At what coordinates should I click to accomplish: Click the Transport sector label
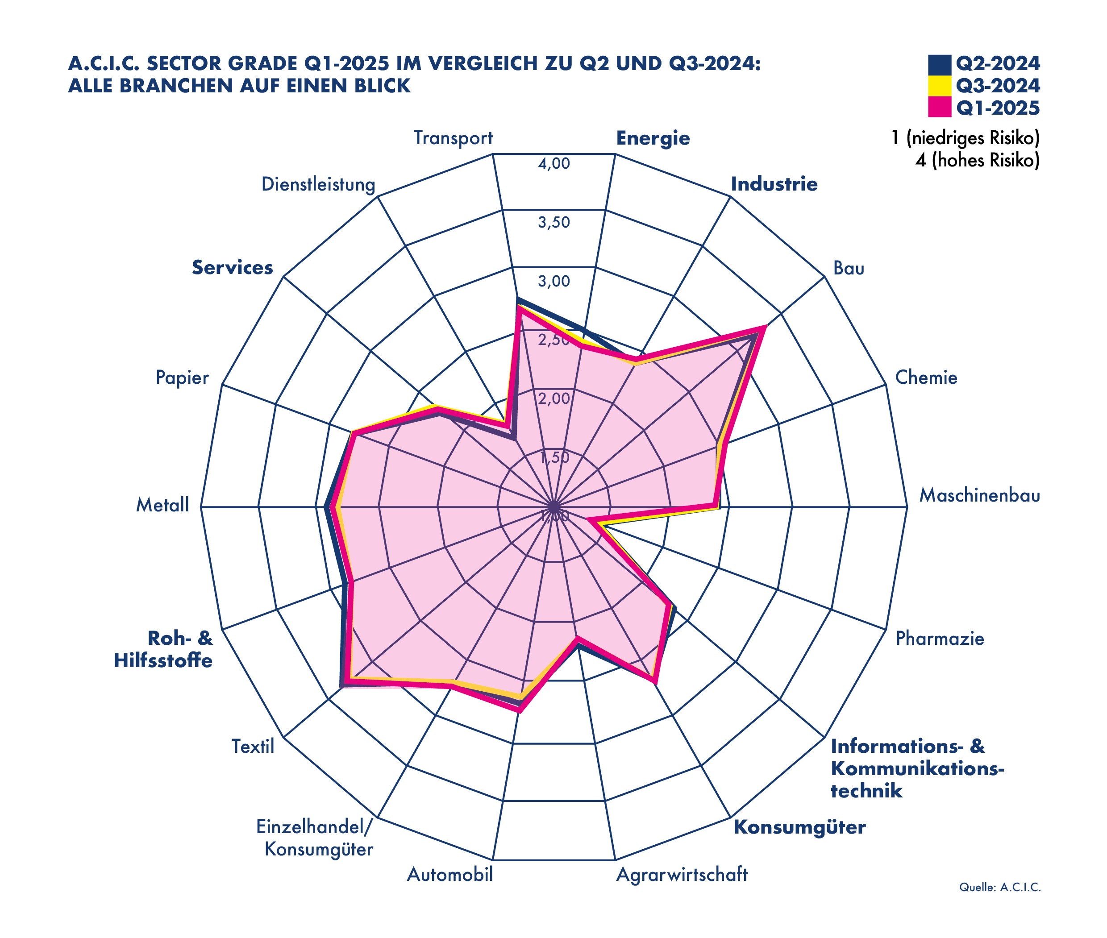[x=453, y=138]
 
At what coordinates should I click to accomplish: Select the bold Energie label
[x=653, y=138]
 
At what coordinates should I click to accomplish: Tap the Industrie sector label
[x=774, y=184]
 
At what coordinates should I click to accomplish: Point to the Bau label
[x=849, y=268]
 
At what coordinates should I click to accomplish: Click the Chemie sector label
[x=926, y=378]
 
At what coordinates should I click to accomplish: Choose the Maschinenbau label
[x=979, y=496]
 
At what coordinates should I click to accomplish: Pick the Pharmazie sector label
[x=940, y=638]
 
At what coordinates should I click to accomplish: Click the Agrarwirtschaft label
[x=682, y=875]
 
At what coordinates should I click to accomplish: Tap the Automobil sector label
[x=450, y=875]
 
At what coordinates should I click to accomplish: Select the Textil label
[x=253, y=747]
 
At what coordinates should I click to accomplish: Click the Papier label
[x=182, y=378]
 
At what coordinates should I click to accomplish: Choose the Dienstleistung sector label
[x=318, y=184]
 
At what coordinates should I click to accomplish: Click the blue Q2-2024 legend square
[x=940, y=64]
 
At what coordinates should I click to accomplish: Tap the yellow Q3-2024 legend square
[x=940, y=86]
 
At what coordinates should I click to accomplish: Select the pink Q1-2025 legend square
[x=940, y=108]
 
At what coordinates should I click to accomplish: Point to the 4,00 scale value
[x=554, y=164]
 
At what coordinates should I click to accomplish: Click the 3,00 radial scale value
[x=554, y=281]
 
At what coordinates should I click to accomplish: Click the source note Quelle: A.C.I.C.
[x=999, y=887]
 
